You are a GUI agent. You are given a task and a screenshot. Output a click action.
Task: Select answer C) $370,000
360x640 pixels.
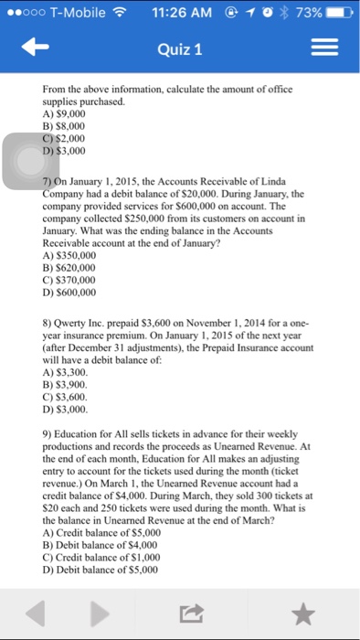point(69,280)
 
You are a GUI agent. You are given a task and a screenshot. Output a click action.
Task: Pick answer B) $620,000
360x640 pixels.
point(69,268)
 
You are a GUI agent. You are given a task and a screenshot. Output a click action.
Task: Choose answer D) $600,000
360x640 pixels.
point(69,292)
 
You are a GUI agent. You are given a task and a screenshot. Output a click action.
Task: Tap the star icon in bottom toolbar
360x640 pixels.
point(305,612)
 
